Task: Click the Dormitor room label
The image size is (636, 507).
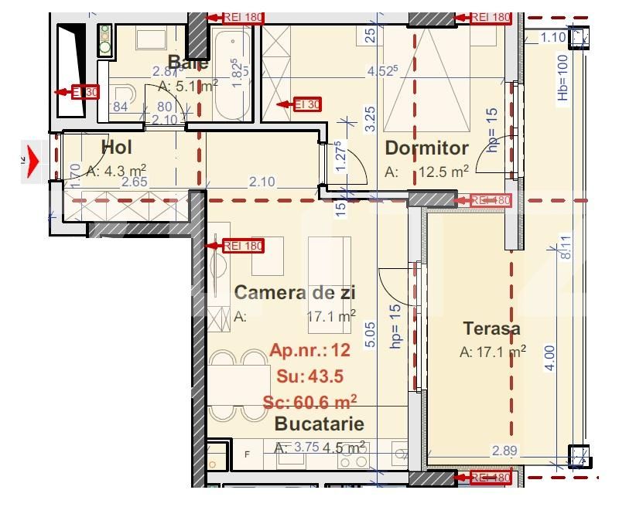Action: coord(426,148)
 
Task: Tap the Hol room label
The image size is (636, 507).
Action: coord(117,147)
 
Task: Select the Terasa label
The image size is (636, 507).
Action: coord(491,328)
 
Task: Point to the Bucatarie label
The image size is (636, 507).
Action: coord(319,424)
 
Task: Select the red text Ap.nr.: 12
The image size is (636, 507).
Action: coord(309,350)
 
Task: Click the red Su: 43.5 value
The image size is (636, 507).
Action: coord(309,376)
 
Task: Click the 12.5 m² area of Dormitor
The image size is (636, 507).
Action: coord(444,172)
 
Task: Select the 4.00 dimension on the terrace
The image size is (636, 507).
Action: coord(549,359)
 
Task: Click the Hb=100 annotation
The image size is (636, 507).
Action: coord(562,77)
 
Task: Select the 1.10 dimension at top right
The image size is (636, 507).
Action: coord(552,36)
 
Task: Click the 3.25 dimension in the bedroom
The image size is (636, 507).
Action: coord(371,117)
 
